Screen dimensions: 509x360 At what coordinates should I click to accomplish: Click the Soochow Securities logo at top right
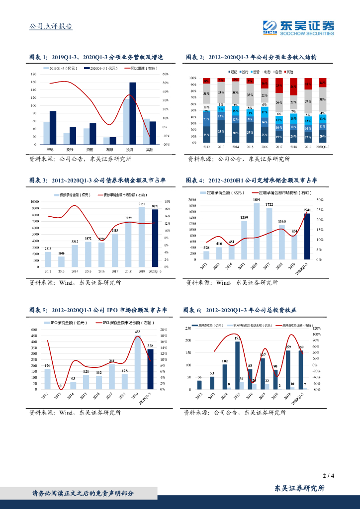click(298, 27)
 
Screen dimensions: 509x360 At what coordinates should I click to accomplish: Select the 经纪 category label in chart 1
click(50, 149)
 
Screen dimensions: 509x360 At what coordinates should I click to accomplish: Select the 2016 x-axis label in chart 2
click(265, 147)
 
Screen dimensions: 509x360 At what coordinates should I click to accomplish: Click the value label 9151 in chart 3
click(142, 204)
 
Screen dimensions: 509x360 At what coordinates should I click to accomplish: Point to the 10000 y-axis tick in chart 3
click(35, 201)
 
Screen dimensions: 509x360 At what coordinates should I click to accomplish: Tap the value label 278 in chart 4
click(206, 248)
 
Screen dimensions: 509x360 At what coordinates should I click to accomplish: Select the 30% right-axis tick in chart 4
click(320, 200)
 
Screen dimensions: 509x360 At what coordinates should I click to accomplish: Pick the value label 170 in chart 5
click(47, 366)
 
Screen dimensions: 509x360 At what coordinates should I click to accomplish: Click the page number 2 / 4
click(328, 476)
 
